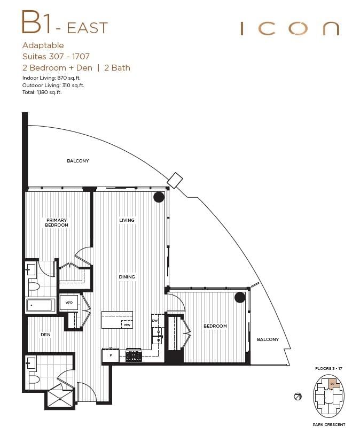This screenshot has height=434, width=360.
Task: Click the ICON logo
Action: click(x=289, y=29)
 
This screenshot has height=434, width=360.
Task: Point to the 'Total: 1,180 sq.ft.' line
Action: click(x=42, y=92)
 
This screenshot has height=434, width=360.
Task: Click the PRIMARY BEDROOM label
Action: click(x=57, y=222)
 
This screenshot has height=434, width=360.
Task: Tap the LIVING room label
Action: click(x=127, y=220)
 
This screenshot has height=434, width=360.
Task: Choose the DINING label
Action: click(x=127, y=277)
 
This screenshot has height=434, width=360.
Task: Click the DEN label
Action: click(x=45, y=335)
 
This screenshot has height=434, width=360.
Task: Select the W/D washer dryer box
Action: click(x=69, y=303)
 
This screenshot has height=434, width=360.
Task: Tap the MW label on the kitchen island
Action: click(x=127, y=324)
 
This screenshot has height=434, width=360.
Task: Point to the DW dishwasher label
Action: click(x=155, y=321)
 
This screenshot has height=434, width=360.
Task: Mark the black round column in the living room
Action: click(x=159, y=197)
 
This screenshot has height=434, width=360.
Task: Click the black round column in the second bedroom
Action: click(x=240, y=297)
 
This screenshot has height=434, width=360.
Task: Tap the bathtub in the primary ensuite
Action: click(x=40, y=306)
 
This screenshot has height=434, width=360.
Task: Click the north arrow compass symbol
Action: click(x=298, y=396)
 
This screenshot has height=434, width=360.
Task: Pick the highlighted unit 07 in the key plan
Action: click(x=333, y=384)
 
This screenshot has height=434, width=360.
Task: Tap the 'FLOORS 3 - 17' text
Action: click(x=328, y=369)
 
